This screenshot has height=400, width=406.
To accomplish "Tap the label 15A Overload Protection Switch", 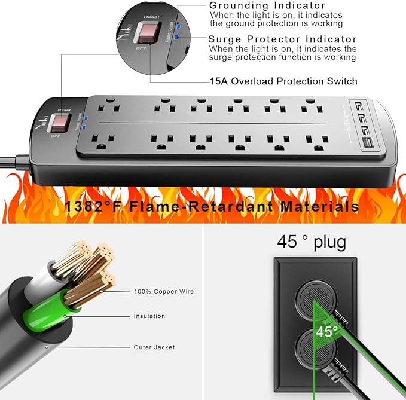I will click(x=283, y=81).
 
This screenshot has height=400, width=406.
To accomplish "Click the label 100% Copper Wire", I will click(x=164, y=292).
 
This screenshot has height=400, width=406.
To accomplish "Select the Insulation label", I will click(x=149, y=316).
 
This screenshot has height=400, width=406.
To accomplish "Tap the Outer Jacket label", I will click(x=154, y=347).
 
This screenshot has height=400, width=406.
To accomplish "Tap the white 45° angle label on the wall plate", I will click(x=327, y=330).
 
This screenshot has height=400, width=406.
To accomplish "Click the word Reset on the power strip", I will click(x=64, y=110).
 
